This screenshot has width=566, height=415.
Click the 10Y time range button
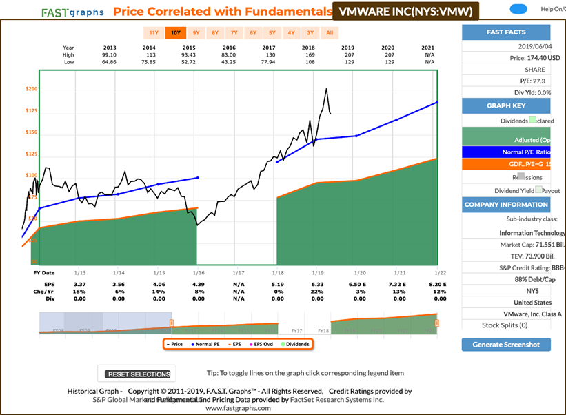click(176, 32)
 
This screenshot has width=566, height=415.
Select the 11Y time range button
click(154, 32)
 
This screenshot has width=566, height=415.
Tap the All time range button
click(330, 32)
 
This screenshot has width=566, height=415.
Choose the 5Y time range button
click(272, 32)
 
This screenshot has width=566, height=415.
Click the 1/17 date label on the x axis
click(238, 273)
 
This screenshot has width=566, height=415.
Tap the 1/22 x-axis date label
click(438, 273)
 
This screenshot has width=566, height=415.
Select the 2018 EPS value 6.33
click(318, 284)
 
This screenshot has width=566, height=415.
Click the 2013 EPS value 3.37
click(79, 284)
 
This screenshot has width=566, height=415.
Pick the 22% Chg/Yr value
click(318, 292)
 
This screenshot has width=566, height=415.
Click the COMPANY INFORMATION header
click(507, 205)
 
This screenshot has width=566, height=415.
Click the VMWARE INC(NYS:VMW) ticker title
click(405, 11)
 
